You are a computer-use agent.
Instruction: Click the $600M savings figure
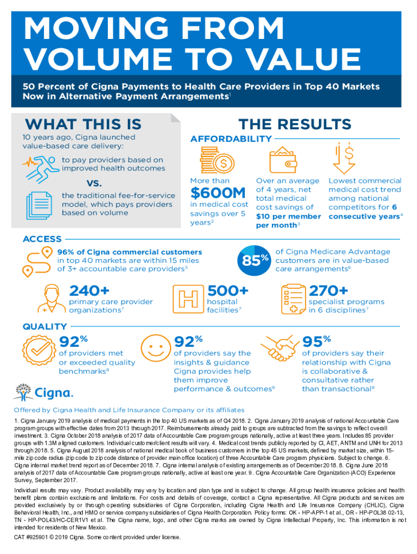pos(219,193)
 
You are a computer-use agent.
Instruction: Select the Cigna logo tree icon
pos(23,391)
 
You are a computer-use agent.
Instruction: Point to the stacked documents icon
pos(38,203)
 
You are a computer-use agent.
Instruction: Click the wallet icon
pos(283,159)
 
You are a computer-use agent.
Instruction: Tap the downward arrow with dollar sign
pos(344,157)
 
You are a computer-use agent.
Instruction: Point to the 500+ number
pos(228,291)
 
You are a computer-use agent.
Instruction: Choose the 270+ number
pos(328,291)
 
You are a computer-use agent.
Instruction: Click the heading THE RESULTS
pos(295,124)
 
